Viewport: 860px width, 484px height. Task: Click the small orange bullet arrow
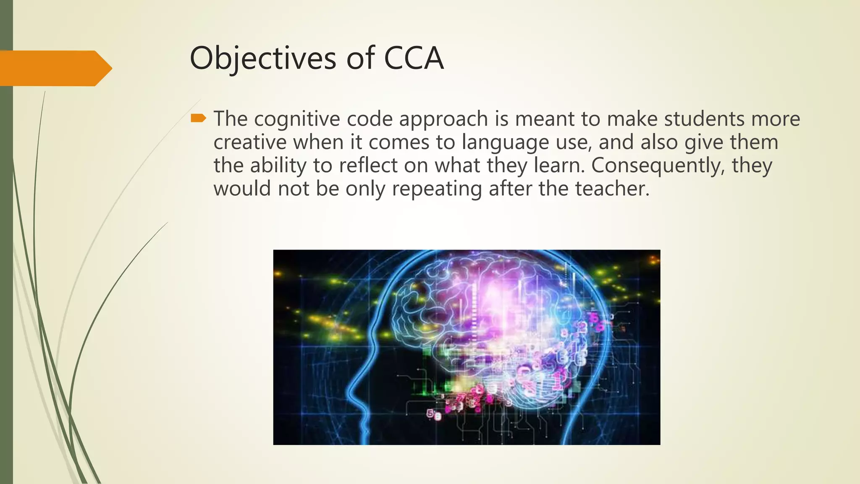tap(198, 118)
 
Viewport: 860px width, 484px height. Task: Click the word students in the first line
tap(704, 119)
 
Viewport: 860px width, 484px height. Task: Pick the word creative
tap(250, 142)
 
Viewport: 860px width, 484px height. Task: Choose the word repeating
tap(437, 189)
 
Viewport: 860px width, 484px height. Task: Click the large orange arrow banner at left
tap(55, 68)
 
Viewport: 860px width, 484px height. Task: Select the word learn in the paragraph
tap(559, 165)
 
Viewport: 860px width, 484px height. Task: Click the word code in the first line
tap(369, 119)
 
